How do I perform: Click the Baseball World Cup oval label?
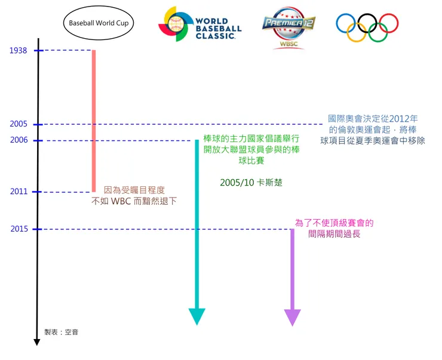click(99, 23)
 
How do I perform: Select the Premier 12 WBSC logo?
click(289, 27)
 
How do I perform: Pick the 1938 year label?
click(19, 51)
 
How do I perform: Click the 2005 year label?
click(19, 124)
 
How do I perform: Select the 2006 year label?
click(19, 141)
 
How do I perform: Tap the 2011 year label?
click(19, 192)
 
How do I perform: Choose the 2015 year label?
click(19, 229)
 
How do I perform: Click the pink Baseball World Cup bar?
click(93, 119)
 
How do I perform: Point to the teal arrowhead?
click(197, 316)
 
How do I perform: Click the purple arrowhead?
click(292, 317)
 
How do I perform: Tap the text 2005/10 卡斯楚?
click(251, 182)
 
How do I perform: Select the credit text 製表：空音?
click(61, 331)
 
